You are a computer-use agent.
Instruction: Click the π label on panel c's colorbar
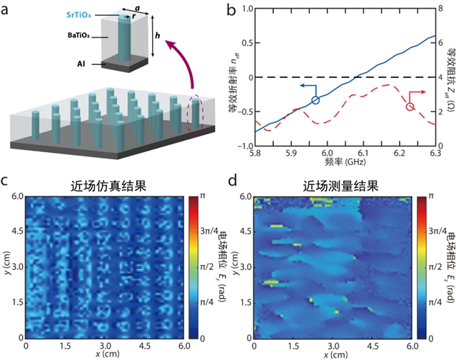pyautogui.click(x=202, y=196)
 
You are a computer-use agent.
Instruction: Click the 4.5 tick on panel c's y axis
pyautogui.click(x=16, y=230)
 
